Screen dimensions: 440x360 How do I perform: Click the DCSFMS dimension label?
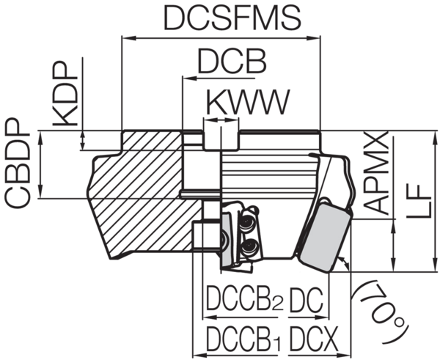click(x=232, y=18)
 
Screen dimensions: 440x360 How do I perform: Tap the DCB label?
click(x=232, y=61)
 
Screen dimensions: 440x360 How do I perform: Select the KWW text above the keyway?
click(x=248, y=102)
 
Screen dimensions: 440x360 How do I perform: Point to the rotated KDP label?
click(x=65, y=94)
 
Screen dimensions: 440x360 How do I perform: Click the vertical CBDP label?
click(x=18, y=164)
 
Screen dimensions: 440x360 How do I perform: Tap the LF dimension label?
click(x=419, y=200)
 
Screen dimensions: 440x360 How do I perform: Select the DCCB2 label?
click(x=245, y=298)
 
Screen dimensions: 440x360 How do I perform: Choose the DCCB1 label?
click(x=243, y=339)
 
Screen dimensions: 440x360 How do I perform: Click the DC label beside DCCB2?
click(x=307, y=299)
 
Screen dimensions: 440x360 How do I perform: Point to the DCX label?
click(x=313, y=339)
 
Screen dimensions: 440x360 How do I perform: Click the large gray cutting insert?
click(x=326, y=235)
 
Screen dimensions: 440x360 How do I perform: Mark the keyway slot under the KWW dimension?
click(x=221, y=139)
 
